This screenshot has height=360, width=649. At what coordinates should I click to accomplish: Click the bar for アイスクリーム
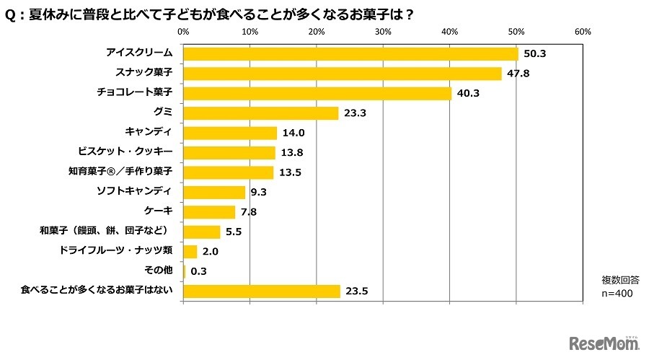tap(350, 54)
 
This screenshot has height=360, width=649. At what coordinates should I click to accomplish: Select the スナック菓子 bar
tap(343, 74)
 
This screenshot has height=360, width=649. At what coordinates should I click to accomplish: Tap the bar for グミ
tap(261, 113)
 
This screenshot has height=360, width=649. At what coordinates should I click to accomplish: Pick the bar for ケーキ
tap(209, 212)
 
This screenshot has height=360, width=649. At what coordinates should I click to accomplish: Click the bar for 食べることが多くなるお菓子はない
tap(262, 291)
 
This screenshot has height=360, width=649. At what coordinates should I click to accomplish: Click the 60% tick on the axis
tap(583, 32)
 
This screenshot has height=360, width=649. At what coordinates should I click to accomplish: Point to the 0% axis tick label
tap(183, 32)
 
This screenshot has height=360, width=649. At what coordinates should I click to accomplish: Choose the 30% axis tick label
tap(383, 32)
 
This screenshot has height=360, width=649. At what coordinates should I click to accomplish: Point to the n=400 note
tap(617, 294)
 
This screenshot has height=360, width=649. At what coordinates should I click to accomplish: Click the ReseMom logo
tap(604, 342)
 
